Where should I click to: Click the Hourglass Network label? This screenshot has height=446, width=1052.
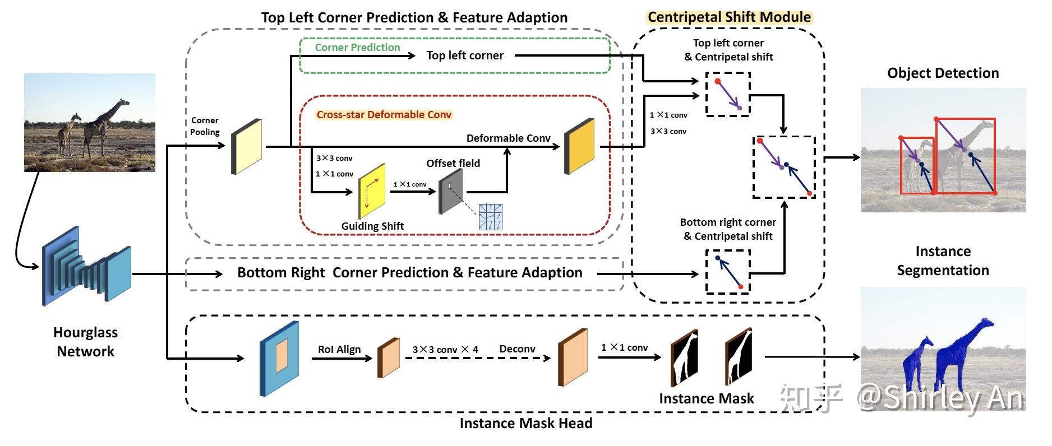[x=85, y=342]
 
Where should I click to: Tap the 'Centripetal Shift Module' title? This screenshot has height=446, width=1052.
[x=729, y=17]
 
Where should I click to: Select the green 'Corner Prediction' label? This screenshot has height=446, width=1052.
[x=357, y=48]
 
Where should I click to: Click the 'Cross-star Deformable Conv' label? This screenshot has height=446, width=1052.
[x=384, y=115]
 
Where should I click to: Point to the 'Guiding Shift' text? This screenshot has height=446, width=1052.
[x=372, y=226]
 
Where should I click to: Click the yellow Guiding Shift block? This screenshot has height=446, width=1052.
[x=372, y=191]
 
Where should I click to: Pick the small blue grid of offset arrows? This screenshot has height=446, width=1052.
[x=490, y=217]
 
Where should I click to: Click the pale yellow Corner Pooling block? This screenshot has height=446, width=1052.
[x=247, y=146]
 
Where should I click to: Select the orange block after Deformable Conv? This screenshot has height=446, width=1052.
[x=579, y=146]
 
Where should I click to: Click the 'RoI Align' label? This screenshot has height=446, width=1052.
[x=339, y=350]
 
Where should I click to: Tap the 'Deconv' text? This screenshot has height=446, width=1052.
[x=517, y=349]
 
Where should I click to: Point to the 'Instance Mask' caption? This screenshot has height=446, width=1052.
[x=706, y=398]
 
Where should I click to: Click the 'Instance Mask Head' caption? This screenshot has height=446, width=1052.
[x=525, y=423]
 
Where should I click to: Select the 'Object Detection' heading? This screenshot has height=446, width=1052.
[x=943, y=73]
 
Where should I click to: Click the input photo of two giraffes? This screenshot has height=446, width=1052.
[x=90, y=122]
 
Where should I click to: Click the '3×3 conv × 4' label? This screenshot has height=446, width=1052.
[x=445, y=350]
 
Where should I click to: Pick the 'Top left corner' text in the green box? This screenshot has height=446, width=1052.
[x=465, y=55]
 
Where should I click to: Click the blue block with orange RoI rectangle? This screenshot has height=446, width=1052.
[x=279, y=359]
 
